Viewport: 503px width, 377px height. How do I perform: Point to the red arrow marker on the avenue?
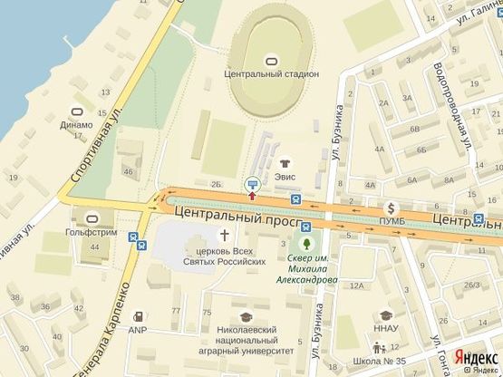coord(252,196)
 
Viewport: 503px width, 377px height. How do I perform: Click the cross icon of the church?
coord(224,234)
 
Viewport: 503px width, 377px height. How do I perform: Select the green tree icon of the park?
coord(308,244)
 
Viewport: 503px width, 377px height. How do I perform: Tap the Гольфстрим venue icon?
coord(93,218)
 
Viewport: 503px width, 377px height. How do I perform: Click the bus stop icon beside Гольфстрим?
coord(134,239)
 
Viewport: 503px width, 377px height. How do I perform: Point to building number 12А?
coord(357,286)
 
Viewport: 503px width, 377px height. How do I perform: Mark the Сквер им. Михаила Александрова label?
coord(308,268)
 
